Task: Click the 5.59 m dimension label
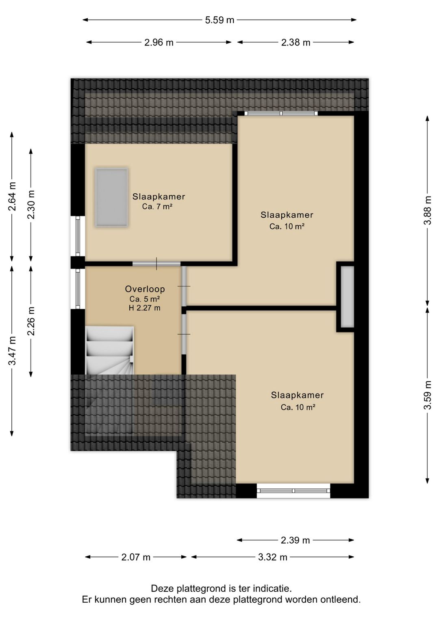(x=219, y=20)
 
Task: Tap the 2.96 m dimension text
(x=159, y=42)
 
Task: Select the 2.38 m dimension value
(x=296, y=42)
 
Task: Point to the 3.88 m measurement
(x=428, y=210)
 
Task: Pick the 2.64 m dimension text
(x=12, y=196)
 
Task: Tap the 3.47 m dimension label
(x=12, y=351)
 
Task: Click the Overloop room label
(x=145, y=289)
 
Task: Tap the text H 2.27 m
(x=144, y=308)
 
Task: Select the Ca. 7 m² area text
(x=157, y=206)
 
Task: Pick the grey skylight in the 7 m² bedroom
(x=111, y=197)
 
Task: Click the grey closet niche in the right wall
(x=347, y=297)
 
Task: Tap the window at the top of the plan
(x=281, y=113)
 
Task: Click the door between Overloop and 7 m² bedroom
(x=156, y=263)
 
